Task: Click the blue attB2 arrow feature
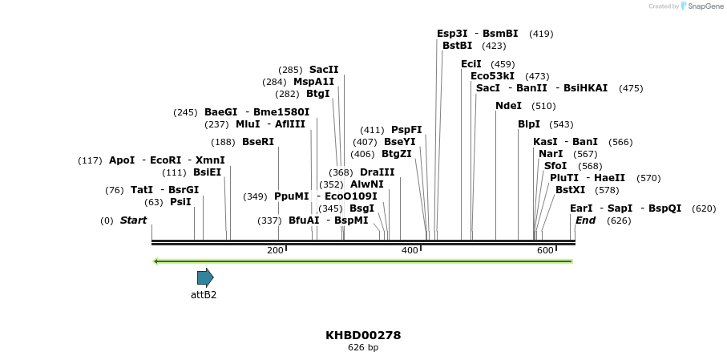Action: coord(205,277)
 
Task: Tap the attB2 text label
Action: coord(204,294)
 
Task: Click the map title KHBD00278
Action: coord(363,335)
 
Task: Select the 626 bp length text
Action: coord(363,347)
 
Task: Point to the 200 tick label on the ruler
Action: coord(275,250)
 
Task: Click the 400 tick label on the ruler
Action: coord(410,250)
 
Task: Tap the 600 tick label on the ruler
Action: coord(545,250)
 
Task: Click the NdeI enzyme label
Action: coord(508,106)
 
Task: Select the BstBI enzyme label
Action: coord(457,46)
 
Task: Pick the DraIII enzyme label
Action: coord(377,172)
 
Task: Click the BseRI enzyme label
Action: coord(258,142)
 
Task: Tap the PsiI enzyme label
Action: coord(180,202)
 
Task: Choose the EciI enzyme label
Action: coord(471,64)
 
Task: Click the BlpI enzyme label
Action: coord(529,124)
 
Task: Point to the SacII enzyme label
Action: coord(324,70)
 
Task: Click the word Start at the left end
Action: coord(133,220)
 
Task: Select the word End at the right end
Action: coord(586,220)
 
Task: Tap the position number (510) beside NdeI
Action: coord(543,106)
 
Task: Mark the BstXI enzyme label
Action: coord(570,190)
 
